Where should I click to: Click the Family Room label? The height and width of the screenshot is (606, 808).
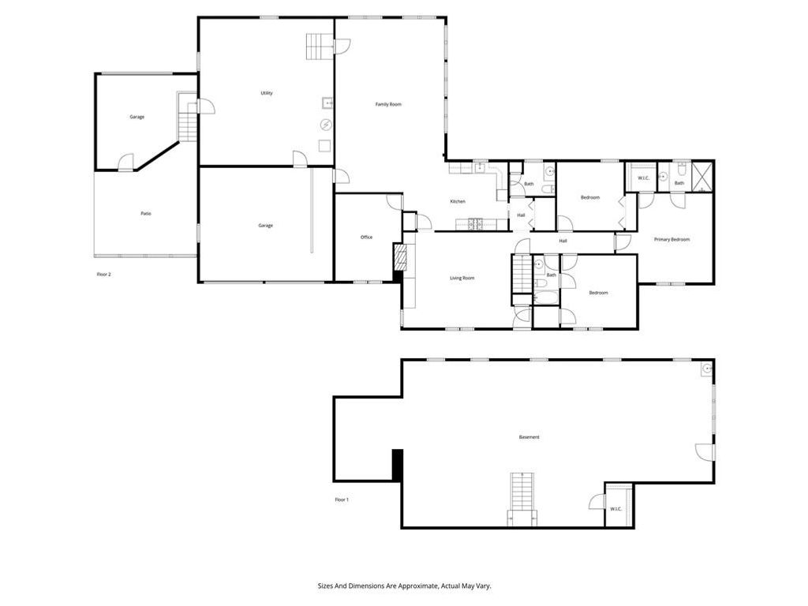(x=388, y=104)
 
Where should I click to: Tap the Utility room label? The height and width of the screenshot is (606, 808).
(x=267, y=93)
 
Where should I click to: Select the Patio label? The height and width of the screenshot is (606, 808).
(x=146, y=213)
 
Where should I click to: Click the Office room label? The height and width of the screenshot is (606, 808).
(x=366, y=238)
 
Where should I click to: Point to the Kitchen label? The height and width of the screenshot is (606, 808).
(x=458, y=201)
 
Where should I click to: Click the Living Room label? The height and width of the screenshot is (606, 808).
(x=462, y=278)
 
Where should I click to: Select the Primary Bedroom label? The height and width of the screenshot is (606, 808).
(x=671, y=239)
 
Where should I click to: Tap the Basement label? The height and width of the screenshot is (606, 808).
(x=529, y=437)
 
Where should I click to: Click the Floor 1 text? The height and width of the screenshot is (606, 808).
(x=342, y=499)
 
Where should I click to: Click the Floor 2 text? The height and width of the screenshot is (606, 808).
(x=104, y=274)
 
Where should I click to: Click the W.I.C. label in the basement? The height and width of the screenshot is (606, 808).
(x=616, y=509)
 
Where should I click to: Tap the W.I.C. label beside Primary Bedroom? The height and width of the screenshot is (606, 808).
(x=643, y=179)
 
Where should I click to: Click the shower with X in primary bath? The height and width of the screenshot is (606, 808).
(x=702, y=176)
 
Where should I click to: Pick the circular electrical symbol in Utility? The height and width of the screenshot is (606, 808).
(x=325, y=125)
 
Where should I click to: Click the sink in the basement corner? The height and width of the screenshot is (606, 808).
(x=707, y=367)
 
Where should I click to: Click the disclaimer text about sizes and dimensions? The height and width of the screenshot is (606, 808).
(x=404, y=586)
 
